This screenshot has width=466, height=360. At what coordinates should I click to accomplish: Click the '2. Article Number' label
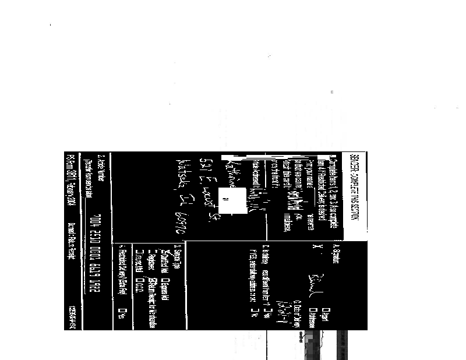point(101,169)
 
